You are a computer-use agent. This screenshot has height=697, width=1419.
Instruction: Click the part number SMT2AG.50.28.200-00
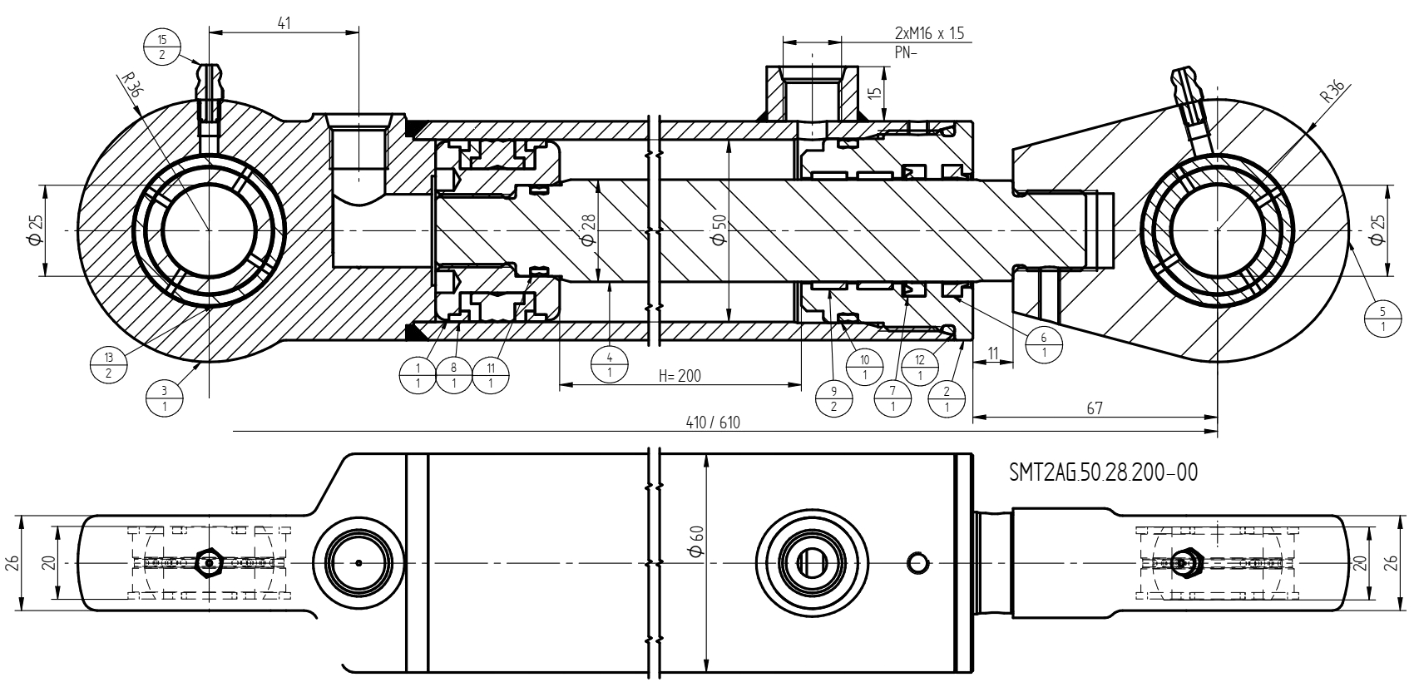(1103, 472)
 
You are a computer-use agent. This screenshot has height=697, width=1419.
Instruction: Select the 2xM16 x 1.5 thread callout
(929, 33)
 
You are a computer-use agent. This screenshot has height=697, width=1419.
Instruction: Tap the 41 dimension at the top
(284, 23)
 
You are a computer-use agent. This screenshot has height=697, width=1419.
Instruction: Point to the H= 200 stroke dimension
(680, 376)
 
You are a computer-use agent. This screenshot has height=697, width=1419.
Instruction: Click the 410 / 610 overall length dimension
(713, 423)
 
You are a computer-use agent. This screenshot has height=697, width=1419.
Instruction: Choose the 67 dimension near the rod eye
(1095, 408)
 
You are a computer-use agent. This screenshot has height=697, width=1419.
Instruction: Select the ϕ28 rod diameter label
(588, 230)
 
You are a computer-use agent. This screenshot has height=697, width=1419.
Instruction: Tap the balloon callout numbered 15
(162, 47)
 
